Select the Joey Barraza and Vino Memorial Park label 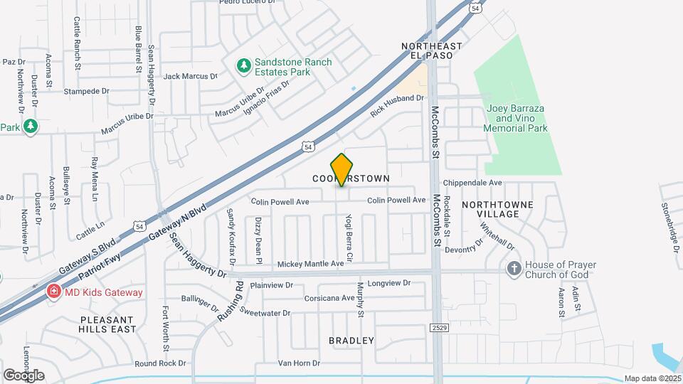click(x=516, y=118)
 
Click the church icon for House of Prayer click(x=514, y=270)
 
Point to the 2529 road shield click(x=439, y=327)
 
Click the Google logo click(x=23, y=375)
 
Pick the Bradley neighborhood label click(x=351, y=341)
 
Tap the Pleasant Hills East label click(x=108, y=324)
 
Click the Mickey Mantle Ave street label click(x=310, y=263)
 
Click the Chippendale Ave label click(x=473, y=183)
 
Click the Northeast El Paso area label click(x=432, y=52)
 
